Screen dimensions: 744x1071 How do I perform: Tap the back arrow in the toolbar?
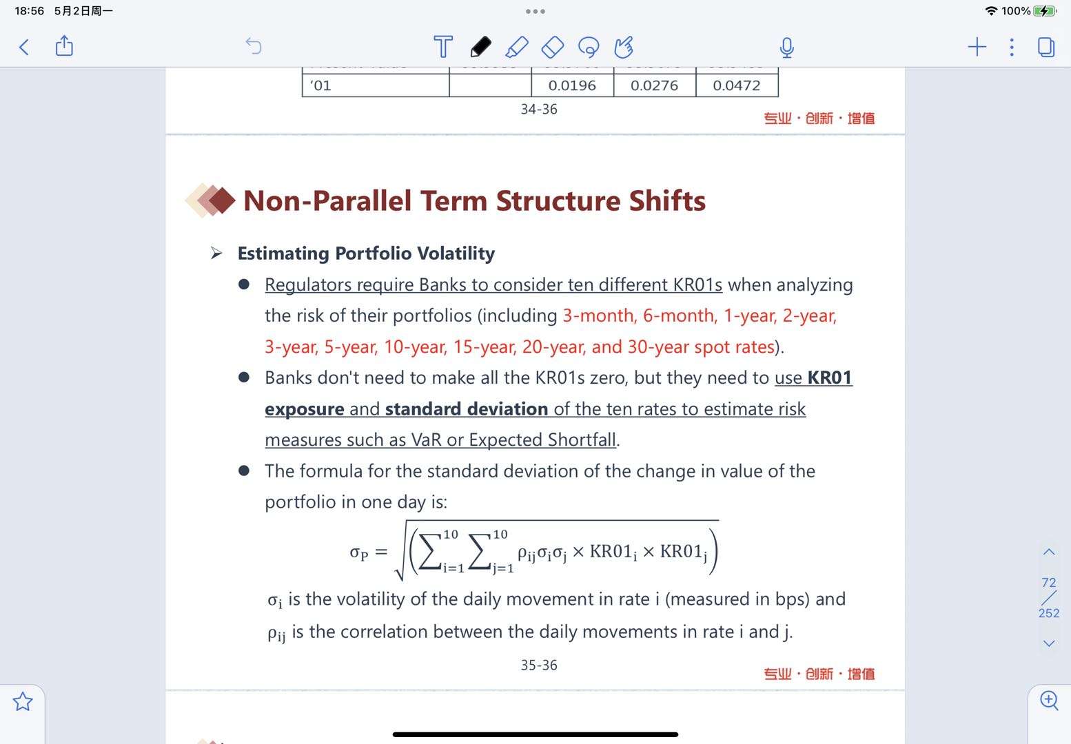tap(24, 47)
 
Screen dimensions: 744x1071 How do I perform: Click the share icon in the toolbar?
tap(64, 46)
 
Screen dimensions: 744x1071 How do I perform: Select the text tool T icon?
tap(443, 47)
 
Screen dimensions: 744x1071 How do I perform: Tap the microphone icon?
tap(786, 48)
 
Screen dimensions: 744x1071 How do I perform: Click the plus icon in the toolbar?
tap(977, 47)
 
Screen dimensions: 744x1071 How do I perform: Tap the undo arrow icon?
tap(254, 46)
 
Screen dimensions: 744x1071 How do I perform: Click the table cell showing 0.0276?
tap(654, 85)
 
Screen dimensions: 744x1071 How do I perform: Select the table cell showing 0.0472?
tap(736, 85)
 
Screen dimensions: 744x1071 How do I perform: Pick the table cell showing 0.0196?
tap(571, 85)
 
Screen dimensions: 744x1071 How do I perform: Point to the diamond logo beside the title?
tap(211, 200)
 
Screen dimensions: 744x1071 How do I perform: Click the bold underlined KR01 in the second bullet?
tap(829, 378)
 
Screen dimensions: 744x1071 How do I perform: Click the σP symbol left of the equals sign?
tap(358, 552)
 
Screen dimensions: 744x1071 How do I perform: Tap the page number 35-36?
tap(539, 665)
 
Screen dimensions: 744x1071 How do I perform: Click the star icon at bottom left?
tap(23, 701)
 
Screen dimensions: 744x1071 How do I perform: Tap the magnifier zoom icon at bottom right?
tap(1049, 700)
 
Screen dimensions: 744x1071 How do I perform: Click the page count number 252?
tap(1048, 613)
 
